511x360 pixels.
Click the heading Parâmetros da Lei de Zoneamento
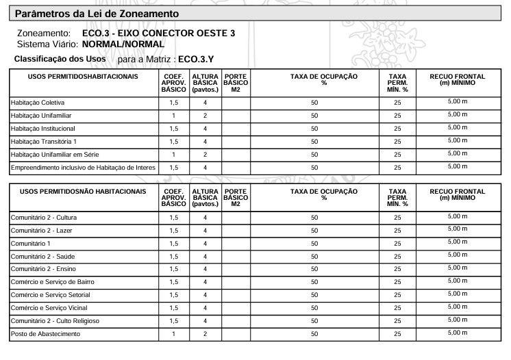coord(97,14)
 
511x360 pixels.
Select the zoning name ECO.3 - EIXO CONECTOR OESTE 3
coord(158,33)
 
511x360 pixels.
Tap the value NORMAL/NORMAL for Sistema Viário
coord(123,44)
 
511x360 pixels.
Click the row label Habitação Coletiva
coord(38,103)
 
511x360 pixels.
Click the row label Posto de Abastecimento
coord(45,334)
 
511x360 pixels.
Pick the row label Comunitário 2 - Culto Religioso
coord(55,321)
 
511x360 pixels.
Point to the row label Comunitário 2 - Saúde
coord(42,256)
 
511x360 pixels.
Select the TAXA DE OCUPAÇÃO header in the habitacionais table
coord(314,79)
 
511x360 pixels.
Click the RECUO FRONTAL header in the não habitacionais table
coord(457,194)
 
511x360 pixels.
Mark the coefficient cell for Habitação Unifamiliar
coord(174,116)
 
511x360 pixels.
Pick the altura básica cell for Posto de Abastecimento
coord(205,334)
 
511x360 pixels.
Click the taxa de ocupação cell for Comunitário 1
coord(314,244)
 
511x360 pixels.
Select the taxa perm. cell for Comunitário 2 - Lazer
coord(397,231)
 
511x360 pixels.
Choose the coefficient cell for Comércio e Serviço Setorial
coord(174,295)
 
